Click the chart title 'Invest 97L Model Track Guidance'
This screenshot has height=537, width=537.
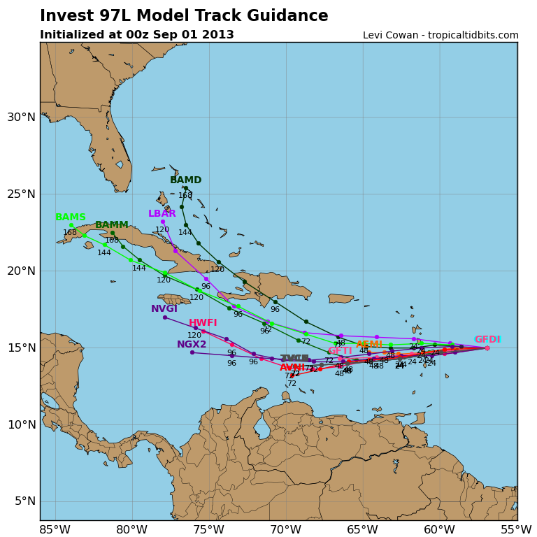pyautogui.click(x=184, y=16)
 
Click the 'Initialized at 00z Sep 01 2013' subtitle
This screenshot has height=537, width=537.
pyautogui.click(x=137, y=35)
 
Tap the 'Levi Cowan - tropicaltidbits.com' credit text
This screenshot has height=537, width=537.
pyautogui.click(x=441, y=36)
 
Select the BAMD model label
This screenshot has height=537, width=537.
pyautogui.click(x=185, y=180)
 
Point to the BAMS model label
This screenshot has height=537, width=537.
pyautogui.click(x=71, y=217)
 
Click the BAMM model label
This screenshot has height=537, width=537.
pyautogui.click(x=112, y=225)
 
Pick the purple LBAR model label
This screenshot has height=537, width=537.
pyautogui.click(x=162, y=214)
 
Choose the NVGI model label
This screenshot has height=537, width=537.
pyautogui.click(x=164, y=309)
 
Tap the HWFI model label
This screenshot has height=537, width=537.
pyautogui.click(x=203, y=323)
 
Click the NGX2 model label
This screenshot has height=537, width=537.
pyautogui.click(x=192, y=345)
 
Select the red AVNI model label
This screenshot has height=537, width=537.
pyautogui.click(x=292, y=368)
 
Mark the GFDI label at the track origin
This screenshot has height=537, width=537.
pyautogui.click(x=487, y=340)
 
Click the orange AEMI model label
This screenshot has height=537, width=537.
pyautogui.click(x=369, y=344)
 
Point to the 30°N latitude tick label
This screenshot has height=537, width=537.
pyautogui.click(x=20, y=117)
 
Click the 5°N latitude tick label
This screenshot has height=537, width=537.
pyautogui.click(x=23, y=501)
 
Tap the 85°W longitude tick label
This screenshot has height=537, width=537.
pyautogui.click(x=55, y=529)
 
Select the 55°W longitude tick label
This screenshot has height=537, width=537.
pyautogui.click(x=516, y=529)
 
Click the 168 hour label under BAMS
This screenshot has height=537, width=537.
pyautogui.click(x=70, y=233)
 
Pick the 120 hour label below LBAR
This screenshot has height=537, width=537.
pyautogui.click(x=162, y=230)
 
